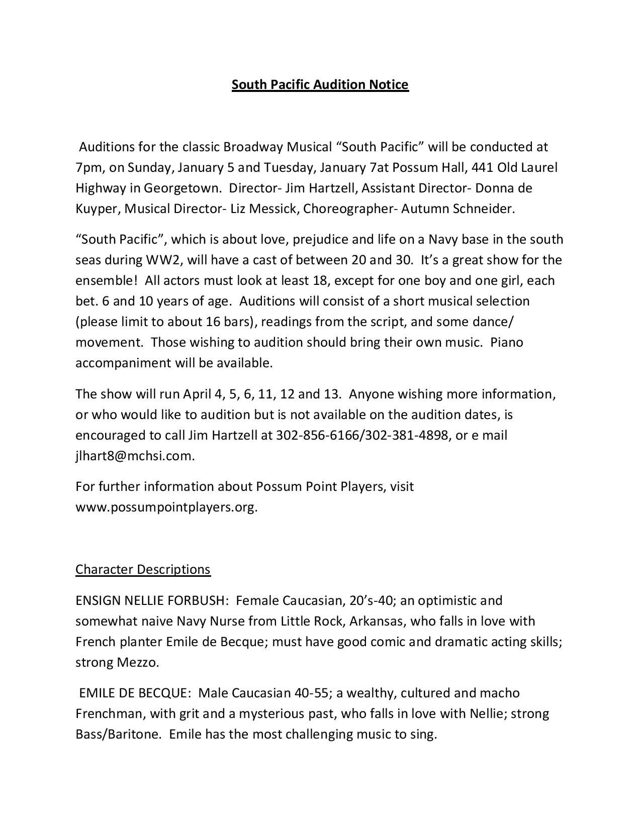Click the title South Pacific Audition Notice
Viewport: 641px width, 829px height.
[x=320, y=84]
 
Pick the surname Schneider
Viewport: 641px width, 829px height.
[x=484, y=209]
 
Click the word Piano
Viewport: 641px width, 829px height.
[x=507, y=342]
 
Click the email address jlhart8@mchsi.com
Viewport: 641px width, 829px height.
[x=134, y=456]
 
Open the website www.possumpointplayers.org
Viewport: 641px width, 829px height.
[x=166, y=507]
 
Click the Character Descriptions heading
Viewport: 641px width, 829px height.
[x=143, y=569]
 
